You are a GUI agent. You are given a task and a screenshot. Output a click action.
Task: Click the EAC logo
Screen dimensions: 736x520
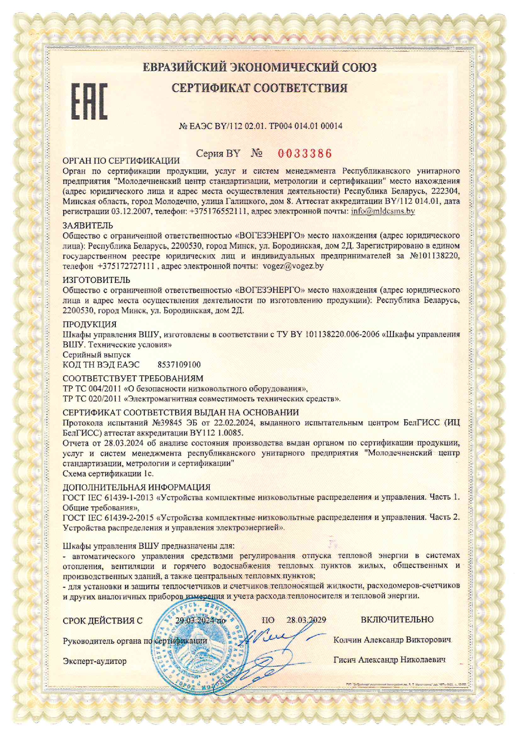click(x=89, y=101)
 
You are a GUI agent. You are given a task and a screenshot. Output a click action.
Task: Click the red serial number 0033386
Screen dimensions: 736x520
click(x=305, y=154)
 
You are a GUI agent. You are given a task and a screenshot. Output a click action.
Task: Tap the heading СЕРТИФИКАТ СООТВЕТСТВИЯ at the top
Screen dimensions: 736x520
click(x=260, y=88)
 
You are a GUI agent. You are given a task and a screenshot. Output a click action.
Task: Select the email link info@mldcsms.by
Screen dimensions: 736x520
click(x=383, y=211)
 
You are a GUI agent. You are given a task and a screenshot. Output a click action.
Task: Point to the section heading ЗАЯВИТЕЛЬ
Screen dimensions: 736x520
click(x=88, y=226)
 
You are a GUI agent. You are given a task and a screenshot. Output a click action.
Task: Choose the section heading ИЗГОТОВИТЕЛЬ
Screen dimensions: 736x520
click(x=96, y=280)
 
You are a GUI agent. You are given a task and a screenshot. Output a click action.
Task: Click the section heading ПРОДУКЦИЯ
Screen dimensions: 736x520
click(x=90, y=324)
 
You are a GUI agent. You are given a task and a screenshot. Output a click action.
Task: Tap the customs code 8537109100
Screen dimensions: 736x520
click(x=179, y=365)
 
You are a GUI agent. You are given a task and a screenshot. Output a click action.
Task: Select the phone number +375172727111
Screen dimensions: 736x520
click(x=126, y=266)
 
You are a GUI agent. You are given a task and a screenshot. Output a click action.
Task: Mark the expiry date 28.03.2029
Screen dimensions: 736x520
click(x=306, y=620)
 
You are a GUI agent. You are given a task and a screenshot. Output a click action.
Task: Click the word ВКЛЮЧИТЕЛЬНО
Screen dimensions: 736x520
click(x=397, y=619)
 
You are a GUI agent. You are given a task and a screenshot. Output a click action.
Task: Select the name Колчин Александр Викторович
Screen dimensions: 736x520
click(x=392, y=640)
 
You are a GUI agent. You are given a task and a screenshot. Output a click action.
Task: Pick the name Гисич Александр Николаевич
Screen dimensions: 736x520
click(x=389, y=660)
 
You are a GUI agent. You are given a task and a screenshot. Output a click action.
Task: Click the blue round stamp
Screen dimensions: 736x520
click(x=197, y=648)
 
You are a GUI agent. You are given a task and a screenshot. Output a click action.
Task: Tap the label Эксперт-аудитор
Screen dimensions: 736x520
click(x=94, y=661)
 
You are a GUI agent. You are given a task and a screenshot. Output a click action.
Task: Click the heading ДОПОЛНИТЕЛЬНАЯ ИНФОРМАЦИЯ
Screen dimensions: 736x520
click(x=136, y=487)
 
